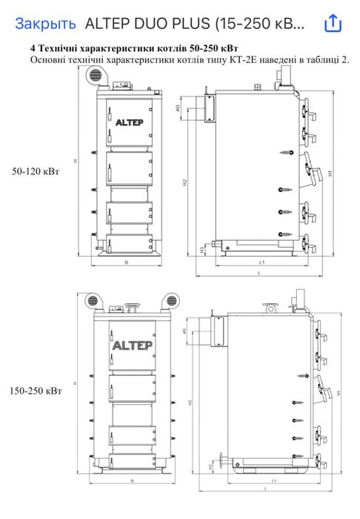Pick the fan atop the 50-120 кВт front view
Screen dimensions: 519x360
96,73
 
